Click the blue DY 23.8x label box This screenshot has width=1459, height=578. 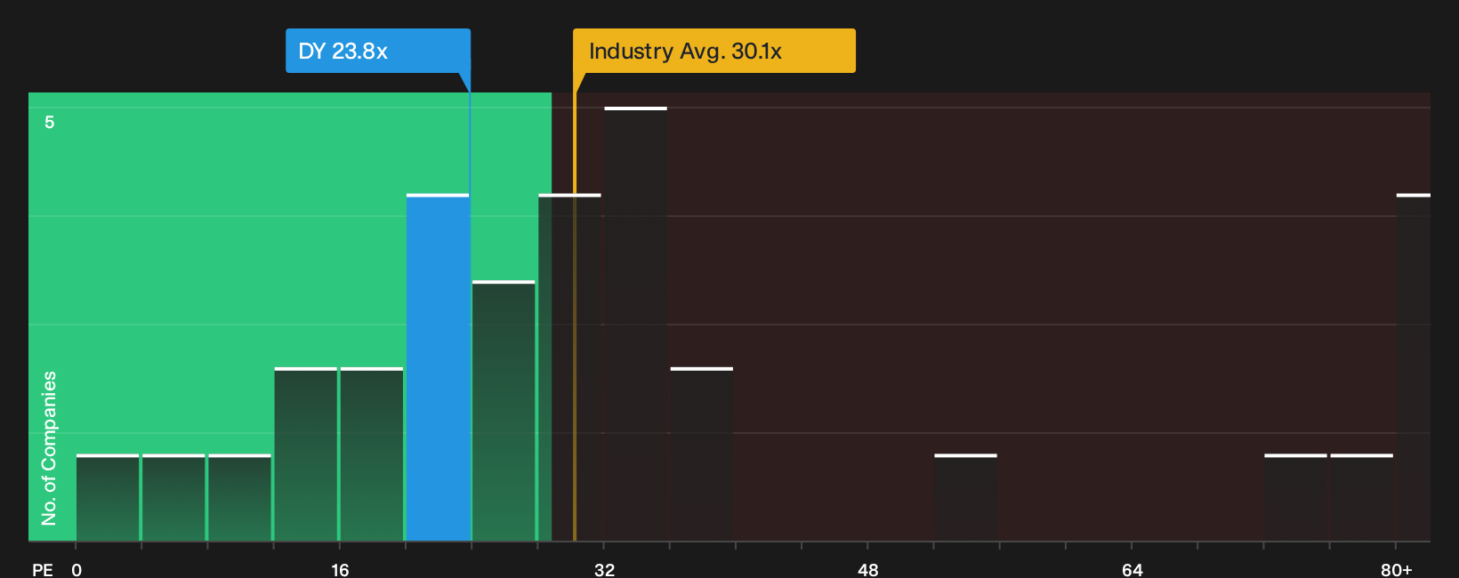pyautogui.click(x=378, y=51)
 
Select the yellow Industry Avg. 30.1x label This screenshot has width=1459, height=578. pyautogui.click(x=713, y=51)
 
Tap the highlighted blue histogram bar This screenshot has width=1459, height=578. pyautogui.click(x=438, y=367)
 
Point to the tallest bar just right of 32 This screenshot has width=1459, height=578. pyautogui.click(x=636, y=325)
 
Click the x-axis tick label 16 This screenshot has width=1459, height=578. pyautogui.click(x=340, y=570)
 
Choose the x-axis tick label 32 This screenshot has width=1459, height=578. pyautogui.click(x=604, y=570)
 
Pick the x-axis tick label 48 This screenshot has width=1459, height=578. pyautogui.click(x=868, y=570)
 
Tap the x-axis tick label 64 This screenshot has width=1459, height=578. pyautogui.click(x=1133, y=570)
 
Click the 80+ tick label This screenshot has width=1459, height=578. pyautogui.click(x=1397, y=570)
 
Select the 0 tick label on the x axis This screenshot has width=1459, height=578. pyautogui.click(x=77, y=570)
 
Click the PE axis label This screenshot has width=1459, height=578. pyautogui.click(x=43, y=570)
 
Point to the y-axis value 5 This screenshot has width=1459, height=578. pyautogui.click(x=50, y=122)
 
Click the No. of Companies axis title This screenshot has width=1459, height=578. pyautogui.click(x=49, y=448)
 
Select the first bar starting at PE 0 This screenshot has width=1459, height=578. pyautogui.click(x=108, y=497)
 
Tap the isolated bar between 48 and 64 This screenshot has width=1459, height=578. pyautogui.click(x=966, y=497)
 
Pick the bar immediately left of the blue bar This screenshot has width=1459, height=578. pyautogui.click(x=372, y=454)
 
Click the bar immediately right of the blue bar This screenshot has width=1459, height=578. pyautogui.click(x=504, y=411)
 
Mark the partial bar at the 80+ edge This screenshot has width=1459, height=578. pyautogui.click(x=1414, y=367)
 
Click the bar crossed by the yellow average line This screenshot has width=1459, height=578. pyautogui.click(x=569, y=367)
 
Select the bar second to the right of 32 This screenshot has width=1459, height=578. pyautogui.click(x=702, y=454)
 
